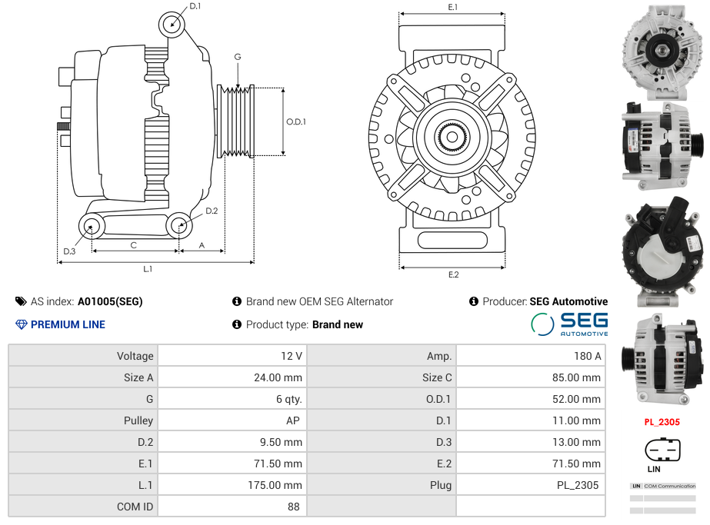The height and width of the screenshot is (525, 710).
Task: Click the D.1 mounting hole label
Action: [195, 6]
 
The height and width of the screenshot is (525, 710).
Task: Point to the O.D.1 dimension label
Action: [296, 121]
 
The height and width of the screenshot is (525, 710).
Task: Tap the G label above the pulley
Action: [238, 57]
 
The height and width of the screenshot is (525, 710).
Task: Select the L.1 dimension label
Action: [148, 269]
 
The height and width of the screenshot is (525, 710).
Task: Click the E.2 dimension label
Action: [453, 274]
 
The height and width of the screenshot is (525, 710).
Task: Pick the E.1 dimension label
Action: [452, 7]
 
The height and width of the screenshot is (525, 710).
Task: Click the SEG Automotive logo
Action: [569, 324]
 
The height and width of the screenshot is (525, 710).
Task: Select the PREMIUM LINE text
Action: [68, 324]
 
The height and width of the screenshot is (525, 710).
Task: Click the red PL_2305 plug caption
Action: [662, 422]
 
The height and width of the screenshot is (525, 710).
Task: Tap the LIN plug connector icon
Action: [662, 450]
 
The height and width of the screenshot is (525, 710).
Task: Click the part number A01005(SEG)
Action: [110, 301]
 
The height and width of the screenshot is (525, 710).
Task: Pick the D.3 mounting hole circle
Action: [92, 227]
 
